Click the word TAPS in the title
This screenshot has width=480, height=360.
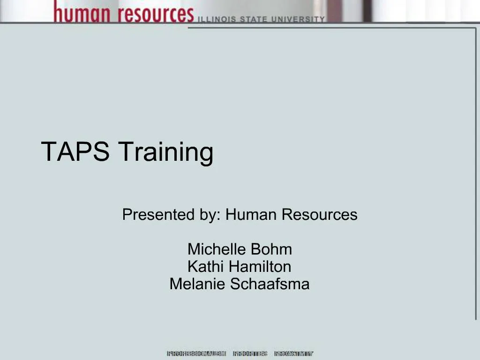point(75,151)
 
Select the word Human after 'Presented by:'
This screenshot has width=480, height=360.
point(249,215)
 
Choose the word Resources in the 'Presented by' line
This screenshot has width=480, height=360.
point(319,215)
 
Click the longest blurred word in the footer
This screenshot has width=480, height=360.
point(196,354)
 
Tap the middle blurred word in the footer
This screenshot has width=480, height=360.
point(250,354)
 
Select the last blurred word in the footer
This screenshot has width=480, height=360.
point(294,354)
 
